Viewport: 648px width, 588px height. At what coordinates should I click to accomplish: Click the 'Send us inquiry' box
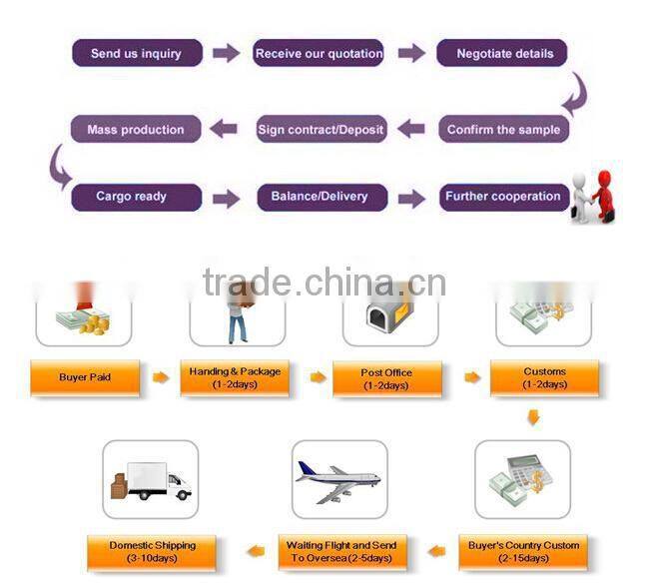137,53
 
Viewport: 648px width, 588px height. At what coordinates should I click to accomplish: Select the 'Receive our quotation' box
319,53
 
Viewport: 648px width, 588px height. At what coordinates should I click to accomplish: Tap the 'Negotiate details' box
502,53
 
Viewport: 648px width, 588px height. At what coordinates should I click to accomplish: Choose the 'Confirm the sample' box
503,129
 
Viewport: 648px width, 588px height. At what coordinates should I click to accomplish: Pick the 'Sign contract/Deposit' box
321,129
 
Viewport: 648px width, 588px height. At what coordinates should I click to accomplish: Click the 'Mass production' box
136,129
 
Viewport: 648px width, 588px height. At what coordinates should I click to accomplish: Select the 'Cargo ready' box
136,197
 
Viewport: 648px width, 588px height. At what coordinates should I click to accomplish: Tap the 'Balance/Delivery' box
319,197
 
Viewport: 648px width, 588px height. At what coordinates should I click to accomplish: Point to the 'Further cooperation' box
502,197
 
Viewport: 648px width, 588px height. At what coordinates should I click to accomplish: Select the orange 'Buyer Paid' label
85,377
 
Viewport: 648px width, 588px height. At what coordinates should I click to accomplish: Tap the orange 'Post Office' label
386,377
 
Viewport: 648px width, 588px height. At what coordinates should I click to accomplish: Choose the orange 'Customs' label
545,377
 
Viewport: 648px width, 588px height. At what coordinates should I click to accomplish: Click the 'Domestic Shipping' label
154,551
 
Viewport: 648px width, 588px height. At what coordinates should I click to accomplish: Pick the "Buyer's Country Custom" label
523,551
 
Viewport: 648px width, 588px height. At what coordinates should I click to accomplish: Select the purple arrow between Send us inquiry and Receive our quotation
227,53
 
